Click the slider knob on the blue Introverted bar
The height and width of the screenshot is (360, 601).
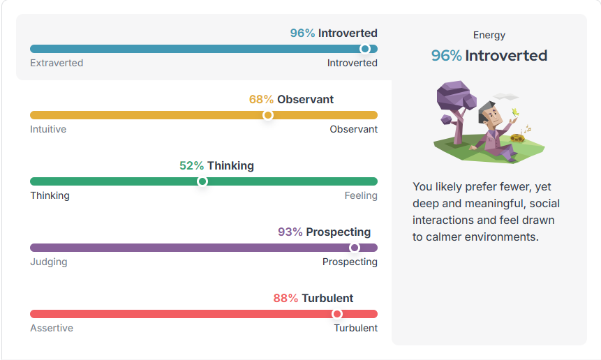[365, 49]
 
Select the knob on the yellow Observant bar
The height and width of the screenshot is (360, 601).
[268, 115]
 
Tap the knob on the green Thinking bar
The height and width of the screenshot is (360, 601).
[202, 181]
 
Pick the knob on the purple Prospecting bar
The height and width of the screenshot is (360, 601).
[355, 248]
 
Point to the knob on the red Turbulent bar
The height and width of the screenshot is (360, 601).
[337, 314]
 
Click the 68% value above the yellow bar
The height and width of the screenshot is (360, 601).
[261, 99]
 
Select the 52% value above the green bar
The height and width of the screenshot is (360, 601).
[191, 165]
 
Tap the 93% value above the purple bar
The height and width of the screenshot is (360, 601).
[290, 232]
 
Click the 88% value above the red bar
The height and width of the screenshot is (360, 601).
[285, 298]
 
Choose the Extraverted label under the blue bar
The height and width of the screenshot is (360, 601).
[57, 63]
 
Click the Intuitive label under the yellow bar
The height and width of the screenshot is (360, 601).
[48, 129]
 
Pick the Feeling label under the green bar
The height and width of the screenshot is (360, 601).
[361, 196]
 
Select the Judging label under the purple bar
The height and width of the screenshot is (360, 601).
[49, 262]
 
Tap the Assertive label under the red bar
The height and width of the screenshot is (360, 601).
[52, 328]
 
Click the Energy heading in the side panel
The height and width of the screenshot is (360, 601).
[489, 36]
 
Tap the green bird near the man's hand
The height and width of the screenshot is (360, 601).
[516, 112]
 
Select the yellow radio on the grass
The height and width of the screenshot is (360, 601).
[517, 138]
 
